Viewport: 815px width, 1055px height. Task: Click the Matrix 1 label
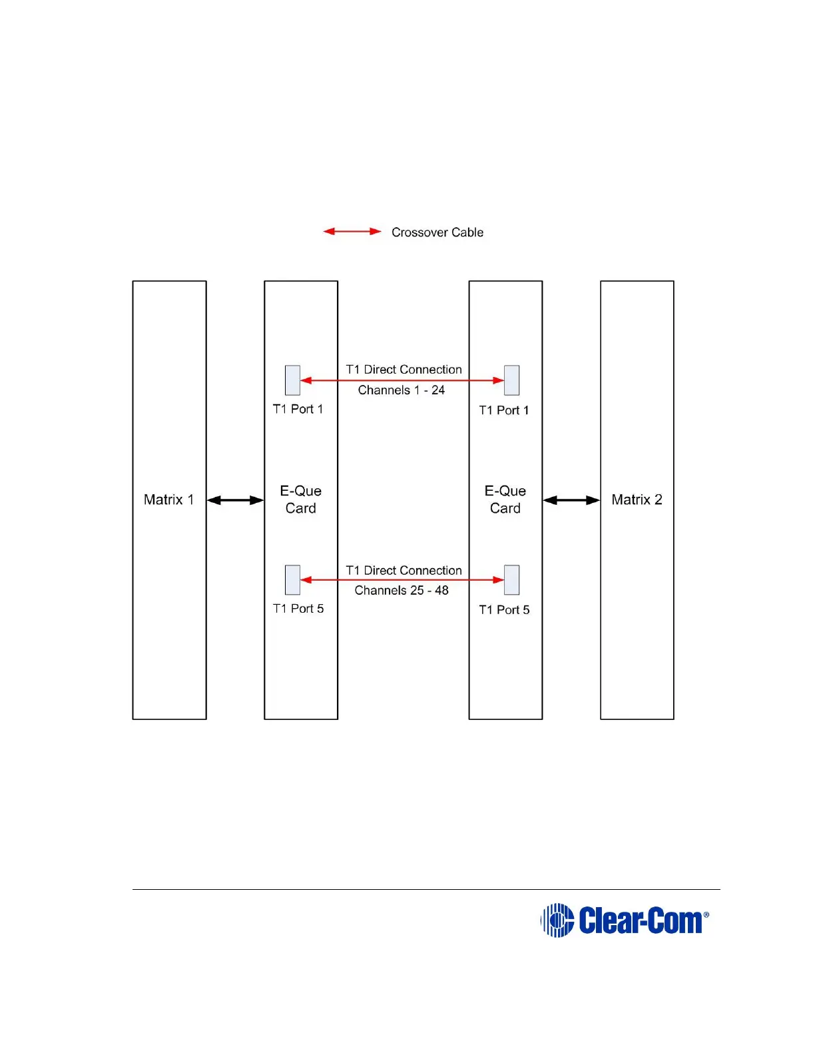tap(168, 500)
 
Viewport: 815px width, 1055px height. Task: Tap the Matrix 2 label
tap(637, 500)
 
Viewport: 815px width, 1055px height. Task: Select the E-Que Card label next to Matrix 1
tap(301, 500)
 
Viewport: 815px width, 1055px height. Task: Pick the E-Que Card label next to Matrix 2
tap(505, 500)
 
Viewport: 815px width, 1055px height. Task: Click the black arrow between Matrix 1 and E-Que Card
tap(235, 500)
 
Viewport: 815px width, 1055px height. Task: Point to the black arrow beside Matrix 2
tap(571, 500)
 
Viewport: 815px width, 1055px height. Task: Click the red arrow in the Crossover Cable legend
tap(352, 232)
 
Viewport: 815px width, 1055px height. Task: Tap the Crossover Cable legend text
tap(437, 232)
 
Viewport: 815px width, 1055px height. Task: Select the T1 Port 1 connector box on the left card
tap(292, 380)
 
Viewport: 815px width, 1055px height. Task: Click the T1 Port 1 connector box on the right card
tap(511, 380)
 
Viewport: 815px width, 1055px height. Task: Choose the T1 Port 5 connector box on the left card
tap(292, 580)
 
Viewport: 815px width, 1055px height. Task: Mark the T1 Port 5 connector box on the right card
tap(511, 580)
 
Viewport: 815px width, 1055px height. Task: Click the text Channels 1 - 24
tap(402, 390)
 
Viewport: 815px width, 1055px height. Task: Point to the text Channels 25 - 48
tap(402, 591)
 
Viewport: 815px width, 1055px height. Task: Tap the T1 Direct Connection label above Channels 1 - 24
tap(404, 370)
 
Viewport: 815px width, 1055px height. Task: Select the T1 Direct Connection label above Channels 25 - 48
tap(404, 571)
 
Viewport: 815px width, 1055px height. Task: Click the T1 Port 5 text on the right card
tap(504, 610)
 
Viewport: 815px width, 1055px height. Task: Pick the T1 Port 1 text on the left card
tap(298, 409)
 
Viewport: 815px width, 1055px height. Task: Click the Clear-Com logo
tap(625, 920)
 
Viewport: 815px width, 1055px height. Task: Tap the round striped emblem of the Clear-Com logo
tap(557, 920)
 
